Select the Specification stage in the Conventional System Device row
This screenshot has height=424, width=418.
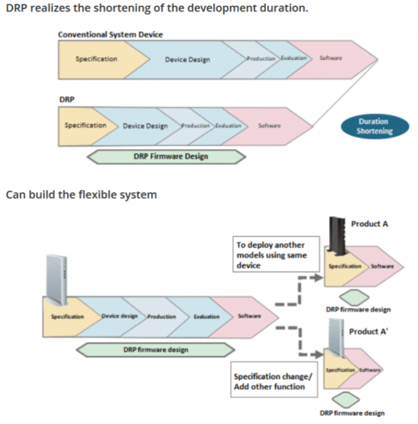pos(97,59)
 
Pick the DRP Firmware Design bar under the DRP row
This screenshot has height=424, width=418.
pos(166,157)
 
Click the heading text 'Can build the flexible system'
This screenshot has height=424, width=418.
pos(81,195)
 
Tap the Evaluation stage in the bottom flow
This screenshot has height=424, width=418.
pos(207,316)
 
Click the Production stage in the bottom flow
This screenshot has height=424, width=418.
pos(161,316)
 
